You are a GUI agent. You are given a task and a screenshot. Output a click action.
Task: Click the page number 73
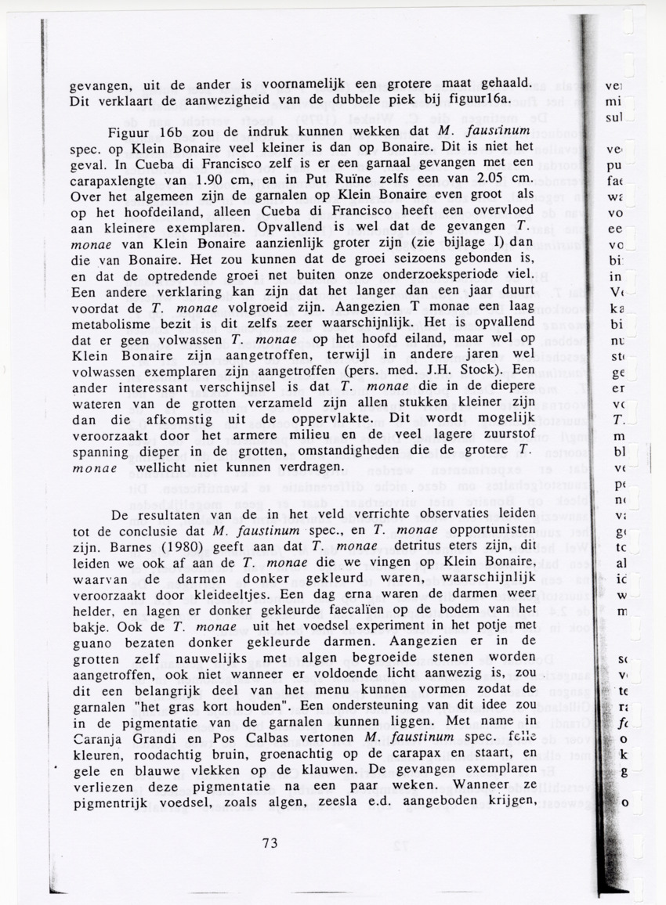click(x=270, y=843)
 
